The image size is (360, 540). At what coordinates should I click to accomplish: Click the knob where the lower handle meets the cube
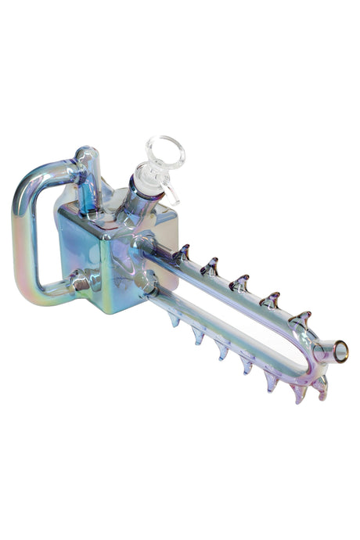[x=78, y=280]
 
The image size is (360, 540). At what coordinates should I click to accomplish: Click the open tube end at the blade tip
[x=340, y=353]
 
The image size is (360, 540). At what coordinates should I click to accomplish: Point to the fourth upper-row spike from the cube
[x=270, y=299]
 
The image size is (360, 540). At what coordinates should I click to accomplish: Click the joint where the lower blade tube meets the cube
[x=146, y=285]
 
